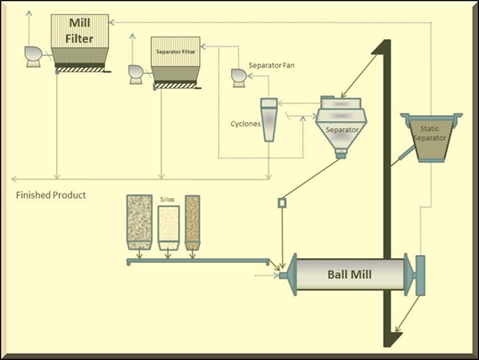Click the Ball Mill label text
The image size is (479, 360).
(x=350, y=274)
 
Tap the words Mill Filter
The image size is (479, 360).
(x=79, y=30)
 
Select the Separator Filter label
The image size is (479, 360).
(x=176, y=52)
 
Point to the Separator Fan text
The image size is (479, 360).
(x=271, y=65)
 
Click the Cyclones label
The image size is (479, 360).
(x=245, y=124)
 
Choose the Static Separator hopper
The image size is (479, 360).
(x=432, y=137)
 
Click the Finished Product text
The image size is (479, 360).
(x=51, y=195)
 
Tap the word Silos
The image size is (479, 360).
(x=167, y=200)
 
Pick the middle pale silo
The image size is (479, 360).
(x=169, y=227)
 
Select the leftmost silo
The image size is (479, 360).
(x=139, y=222)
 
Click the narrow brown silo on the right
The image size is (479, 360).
(x=193, y=223)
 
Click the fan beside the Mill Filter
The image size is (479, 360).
(x=33, y=57)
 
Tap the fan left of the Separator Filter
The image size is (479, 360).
(x=136, y=74)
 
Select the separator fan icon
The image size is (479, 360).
(x=238, y=78)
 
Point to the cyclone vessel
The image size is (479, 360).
(x=269, y=119)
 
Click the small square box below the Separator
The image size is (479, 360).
(x=282, y=203)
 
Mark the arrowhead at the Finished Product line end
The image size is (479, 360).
(x=14, y=179)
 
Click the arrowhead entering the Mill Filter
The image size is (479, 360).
(x=111, y=22)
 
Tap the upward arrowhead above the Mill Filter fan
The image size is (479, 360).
(x=29, y=13)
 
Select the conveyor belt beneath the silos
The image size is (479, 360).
(x=198, y=261)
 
